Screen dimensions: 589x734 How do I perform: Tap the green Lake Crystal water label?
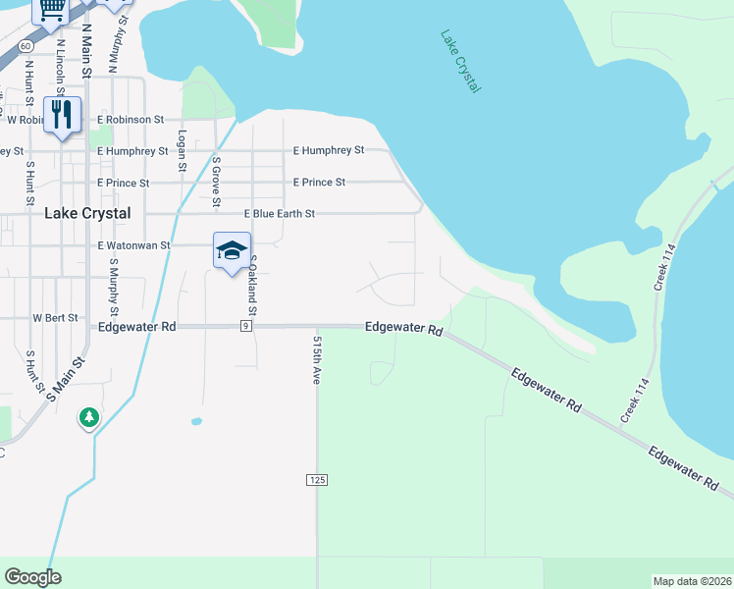[460, 62]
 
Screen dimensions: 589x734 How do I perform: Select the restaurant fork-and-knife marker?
[63, 115]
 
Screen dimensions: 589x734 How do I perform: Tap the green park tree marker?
[89, 418]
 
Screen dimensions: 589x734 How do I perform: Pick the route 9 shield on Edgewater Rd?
[244, 326]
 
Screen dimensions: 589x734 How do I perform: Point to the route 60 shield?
[24, 45]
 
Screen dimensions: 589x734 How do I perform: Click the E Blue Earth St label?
[279, 213]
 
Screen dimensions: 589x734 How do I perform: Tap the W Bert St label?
[55, 318]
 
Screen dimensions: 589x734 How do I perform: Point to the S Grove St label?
[216, 182]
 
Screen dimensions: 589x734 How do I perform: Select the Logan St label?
[183, 150]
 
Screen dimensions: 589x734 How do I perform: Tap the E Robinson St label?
[137, 120]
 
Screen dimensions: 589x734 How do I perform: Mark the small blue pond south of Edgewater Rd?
[196, 421]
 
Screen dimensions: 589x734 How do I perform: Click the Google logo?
[33, 577]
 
